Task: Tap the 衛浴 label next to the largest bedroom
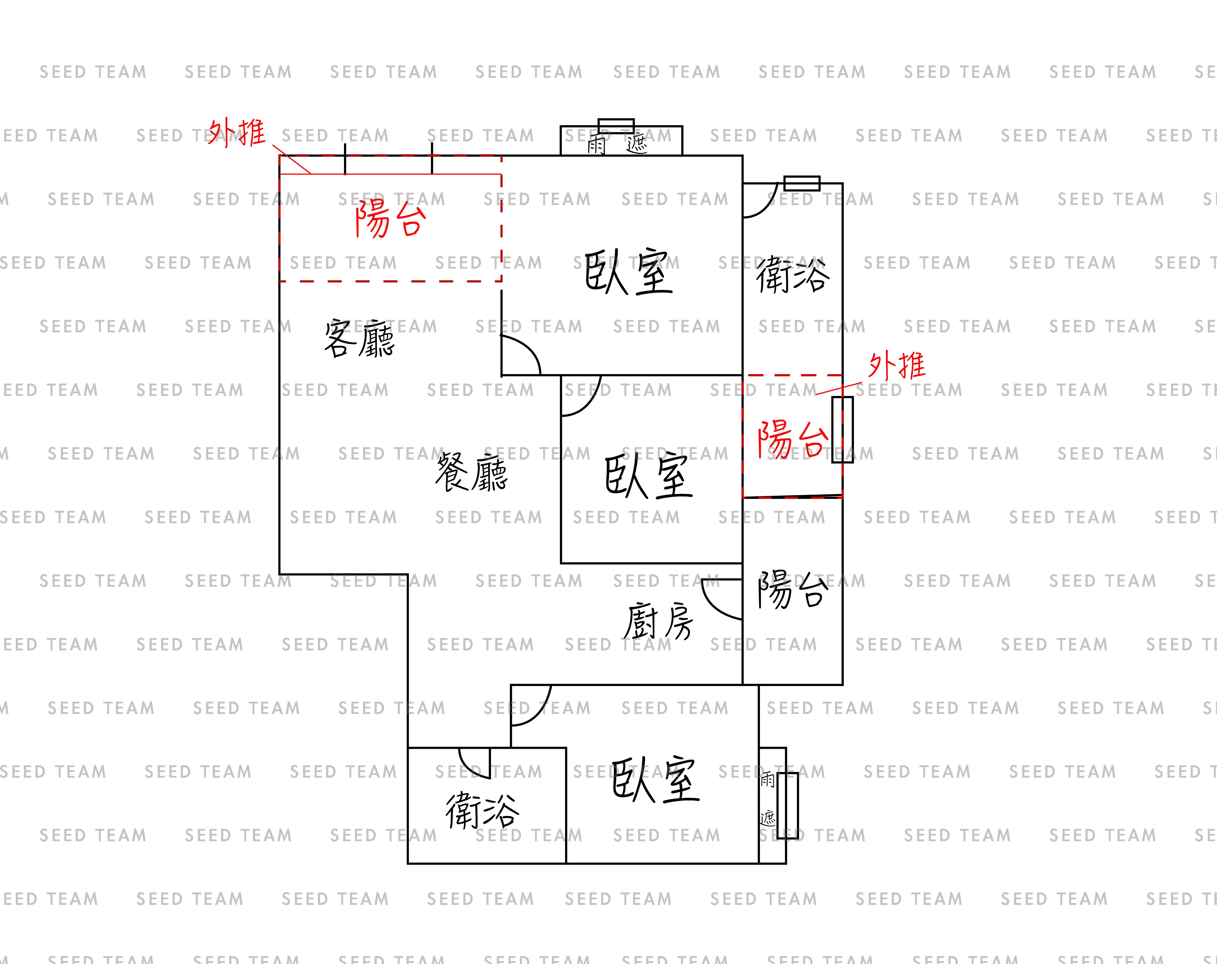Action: click(x=793, y=275)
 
